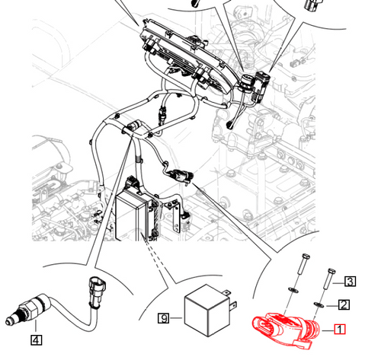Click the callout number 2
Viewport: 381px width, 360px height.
[x=344, y=305]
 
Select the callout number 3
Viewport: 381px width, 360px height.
[x=350, y=282]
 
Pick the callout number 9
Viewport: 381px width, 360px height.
[x=162, y=319]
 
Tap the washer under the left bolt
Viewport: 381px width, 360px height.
[x=294, y=291]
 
